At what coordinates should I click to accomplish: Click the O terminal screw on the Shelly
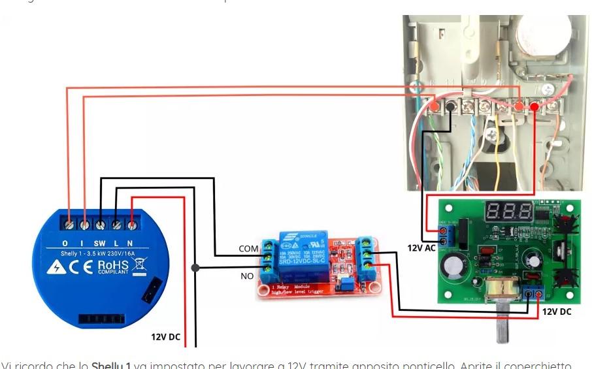(69, 224)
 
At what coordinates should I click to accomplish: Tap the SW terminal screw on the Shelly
(101, 224)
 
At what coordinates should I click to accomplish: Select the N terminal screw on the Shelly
(132, 224)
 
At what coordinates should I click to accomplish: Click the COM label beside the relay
(248, 249)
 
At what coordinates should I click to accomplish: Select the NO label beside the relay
(247, 276)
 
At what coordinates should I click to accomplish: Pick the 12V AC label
(421, 248)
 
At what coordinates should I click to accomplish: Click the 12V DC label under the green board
(556, 312)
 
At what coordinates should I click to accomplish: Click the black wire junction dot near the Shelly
(195, 267)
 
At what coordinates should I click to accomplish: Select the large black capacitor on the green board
(453, 267)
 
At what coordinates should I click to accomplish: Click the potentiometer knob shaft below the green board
(502, 327)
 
